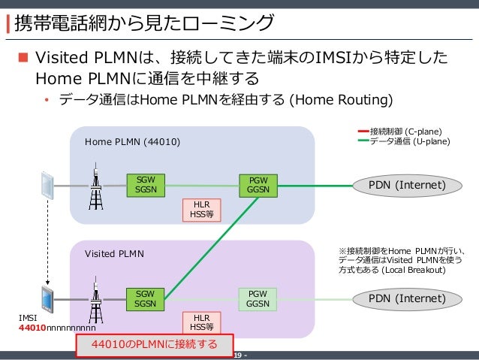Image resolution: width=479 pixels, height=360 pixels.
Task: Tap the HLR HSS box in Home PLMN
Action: coord(201,209)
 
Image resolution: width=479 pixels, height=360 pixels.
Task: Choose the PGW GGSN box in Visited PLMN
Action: coord(258,298)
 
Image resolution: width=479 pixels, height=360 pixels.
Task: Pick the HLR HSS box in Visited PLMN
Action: coord(201,322)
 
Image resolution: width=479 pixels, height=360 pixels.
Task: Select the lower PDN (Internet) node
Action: coord(406,298)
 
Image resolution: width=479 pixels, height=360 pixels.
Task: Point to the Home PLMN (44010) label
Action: coord(132,141)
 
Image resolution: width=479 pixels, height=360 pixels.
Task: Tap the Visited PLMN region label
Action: coord(109,254)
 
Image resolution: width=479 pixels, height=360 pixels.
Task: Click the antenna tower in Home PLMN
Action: coord(95,187)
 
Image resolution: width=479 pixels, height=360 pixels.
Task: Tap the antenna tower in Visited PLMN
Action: coord(95,301)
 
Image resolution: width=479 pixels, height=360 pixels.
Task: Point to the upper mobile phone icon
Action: coord(47,184)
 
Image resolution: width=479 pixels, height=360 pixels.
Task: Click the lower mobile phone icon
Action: coord(47,298)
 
